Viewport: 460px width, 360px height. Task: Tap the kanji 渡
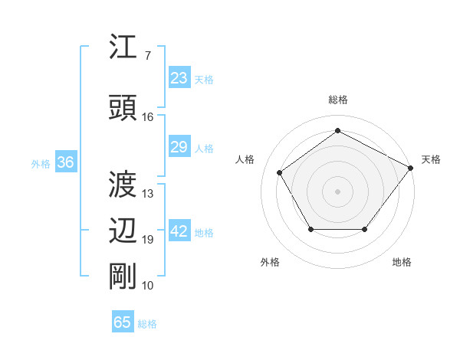[123, 184]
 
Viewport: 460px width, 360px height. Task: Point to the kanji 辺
[123, 231]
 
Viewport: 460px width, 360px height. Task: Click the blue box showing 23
[179, 78]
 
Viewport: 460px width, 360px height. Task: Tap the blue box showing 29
[179, 147]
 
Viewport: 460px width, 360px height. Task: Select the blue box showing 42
[179, 232]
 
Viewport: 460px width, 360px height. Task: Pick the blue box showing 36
[65, 162]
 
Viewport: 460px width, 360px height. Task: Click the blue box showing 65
[123, 322]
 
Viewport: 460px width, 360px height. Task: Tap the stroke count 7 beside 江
[147, 56]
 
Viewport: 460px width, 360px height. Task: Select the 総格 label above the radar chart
[337, 100]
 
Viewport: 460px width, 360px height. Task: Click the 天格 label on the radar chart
[431, 159]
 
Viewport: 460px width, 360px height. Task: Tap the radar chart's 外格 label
[270, 262]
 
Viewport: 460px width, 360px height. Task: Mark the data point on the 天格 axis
[410, 168]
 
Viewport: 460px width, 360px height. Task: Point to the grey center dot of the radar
[337, 191]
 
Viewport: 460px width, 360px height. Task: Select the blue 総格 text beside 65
[147, 324]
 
